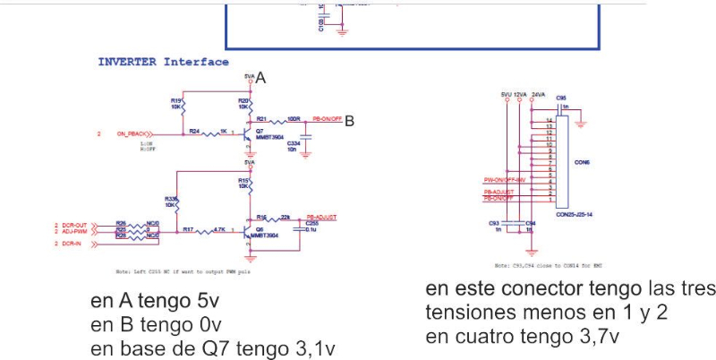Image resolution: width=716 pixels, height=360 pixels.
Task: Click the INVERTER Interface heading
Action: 163,63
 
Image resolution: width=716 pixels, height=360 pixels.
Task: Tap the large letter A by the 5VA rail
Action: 260,79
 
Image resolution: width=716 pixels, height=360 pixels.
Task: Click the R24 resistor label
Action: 193,131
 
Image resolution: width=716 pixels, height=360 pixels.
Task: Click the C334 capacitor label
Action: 294,143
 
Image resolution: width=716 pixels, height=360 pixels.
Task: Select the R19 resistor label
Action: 175,100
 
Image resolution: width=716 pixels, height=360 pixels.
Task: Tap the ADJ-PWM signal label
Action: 75,233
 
